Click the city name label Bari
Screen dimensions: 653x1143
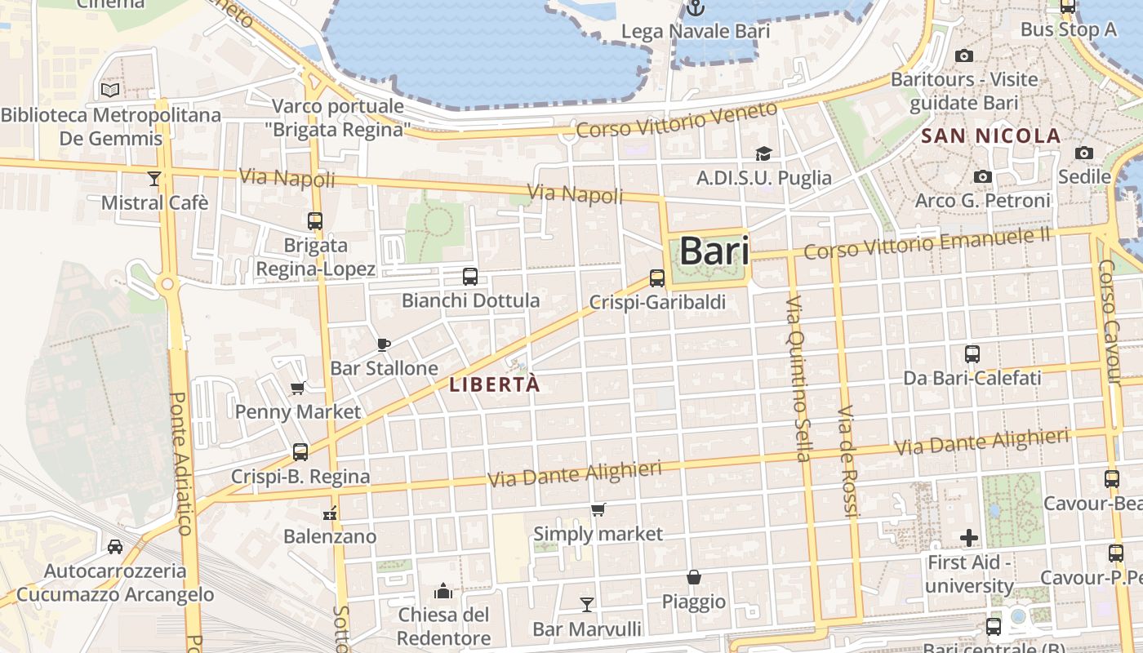click(714, 251)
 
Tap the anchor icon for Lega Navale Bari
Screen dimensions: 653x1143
click(695, 8)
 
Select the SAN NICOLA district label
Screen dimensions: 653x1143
click(991, 136)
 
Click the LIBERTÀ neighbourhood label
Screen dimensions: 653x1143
click(496, 384)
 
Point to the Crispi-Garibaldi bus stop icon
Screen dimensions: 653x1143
click(657, 278)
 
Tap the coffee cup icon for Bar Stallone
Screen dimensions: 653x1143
click(384, 344)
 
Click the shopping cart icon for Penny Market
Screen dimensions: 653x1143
click(298, 389)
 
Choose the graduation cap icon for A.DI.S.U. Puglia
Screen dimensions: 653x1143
click(763, 153)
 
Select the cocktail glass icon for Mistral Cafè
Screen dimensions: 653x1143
click(154, 178)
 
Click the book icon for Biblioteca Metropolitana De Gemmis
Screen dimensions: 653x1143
click(110, 91)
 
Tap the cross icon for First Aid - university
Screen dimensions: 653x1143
click(969, 538)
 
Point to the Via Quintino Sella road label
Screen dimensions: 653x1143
click(798, 379)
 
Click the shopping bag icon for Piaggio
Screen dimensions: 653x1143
click(694, 577)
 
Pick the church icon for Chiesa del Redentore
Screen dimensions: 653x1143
click(443, 590)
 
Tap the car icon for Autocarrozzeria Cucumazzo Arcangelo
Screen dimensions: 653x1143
click(115, 546)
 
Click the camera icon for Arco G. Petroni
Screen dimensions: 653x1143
click(983, 176)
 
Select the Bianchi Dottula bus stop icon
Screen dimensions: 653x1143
click(470, 277)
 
